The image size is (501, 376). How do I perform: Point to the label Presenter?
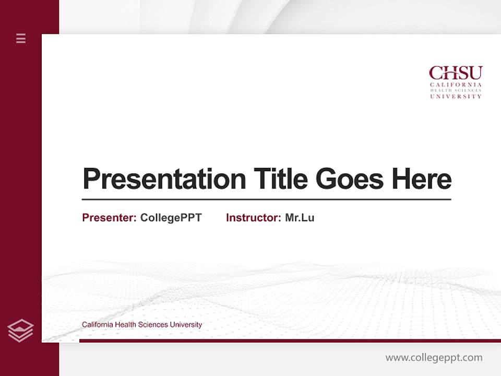tap(110, 218)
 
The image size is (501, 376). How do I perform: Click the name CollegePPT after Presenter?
tap(171, 218)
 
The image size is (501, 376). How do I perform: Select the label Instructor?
tap(254, 218)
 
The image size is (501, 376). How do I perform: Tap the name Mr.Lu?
tap(300, 218)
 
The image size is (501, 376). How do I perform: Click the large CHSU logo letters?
tap(456, 73)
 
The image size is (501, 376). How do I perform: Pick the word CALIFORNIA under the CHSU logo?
tap(456, 85)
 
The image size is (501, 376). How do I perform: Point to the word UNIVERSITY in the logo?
tap(456, 97)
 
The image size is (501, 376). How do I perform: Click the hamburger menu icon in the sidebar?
tap(21, 38)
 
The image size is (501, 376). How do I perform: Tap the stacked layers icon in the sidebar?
tap(21, 331)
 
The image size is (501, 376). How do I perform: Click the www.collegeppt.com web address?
tap(434, 358)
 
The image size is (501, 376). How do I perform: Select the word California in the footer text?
tap(97, 325)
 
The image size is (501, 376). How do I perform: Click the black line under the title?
tap(266, 199)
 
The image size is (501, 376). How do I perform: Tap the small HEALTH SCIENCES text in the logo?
tap(456, 90)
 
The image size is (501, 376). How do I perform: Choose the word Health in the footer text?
tap(125, 325)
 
